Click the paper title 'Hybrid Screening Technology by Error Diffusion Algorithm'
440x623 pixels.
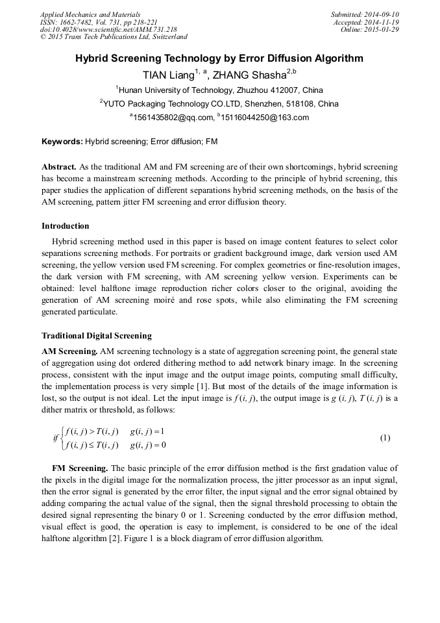coord(219,58)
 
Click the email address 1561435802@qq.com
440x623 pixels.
coord(173,118)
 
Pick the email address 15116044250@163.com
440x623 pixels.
coord(256,118)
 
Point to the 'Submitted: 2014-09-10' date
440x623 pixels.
coord(365,14)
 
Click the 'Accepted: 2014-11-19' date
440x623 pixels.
coord(366,22)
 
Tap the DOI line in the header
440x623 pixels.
coord(108,29)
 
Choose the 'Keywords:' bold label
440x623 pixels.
coord(62,141)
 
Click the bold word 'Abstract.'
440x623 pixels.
coord(59,167)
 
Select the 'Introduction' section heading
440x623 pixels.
coord(66,226)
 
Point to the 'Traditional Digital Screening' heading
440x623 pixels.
coord(96,336)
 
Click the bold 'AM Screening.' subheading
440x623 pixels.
coord(69,351)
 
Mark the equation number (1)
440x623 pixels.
coord(385,438)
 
